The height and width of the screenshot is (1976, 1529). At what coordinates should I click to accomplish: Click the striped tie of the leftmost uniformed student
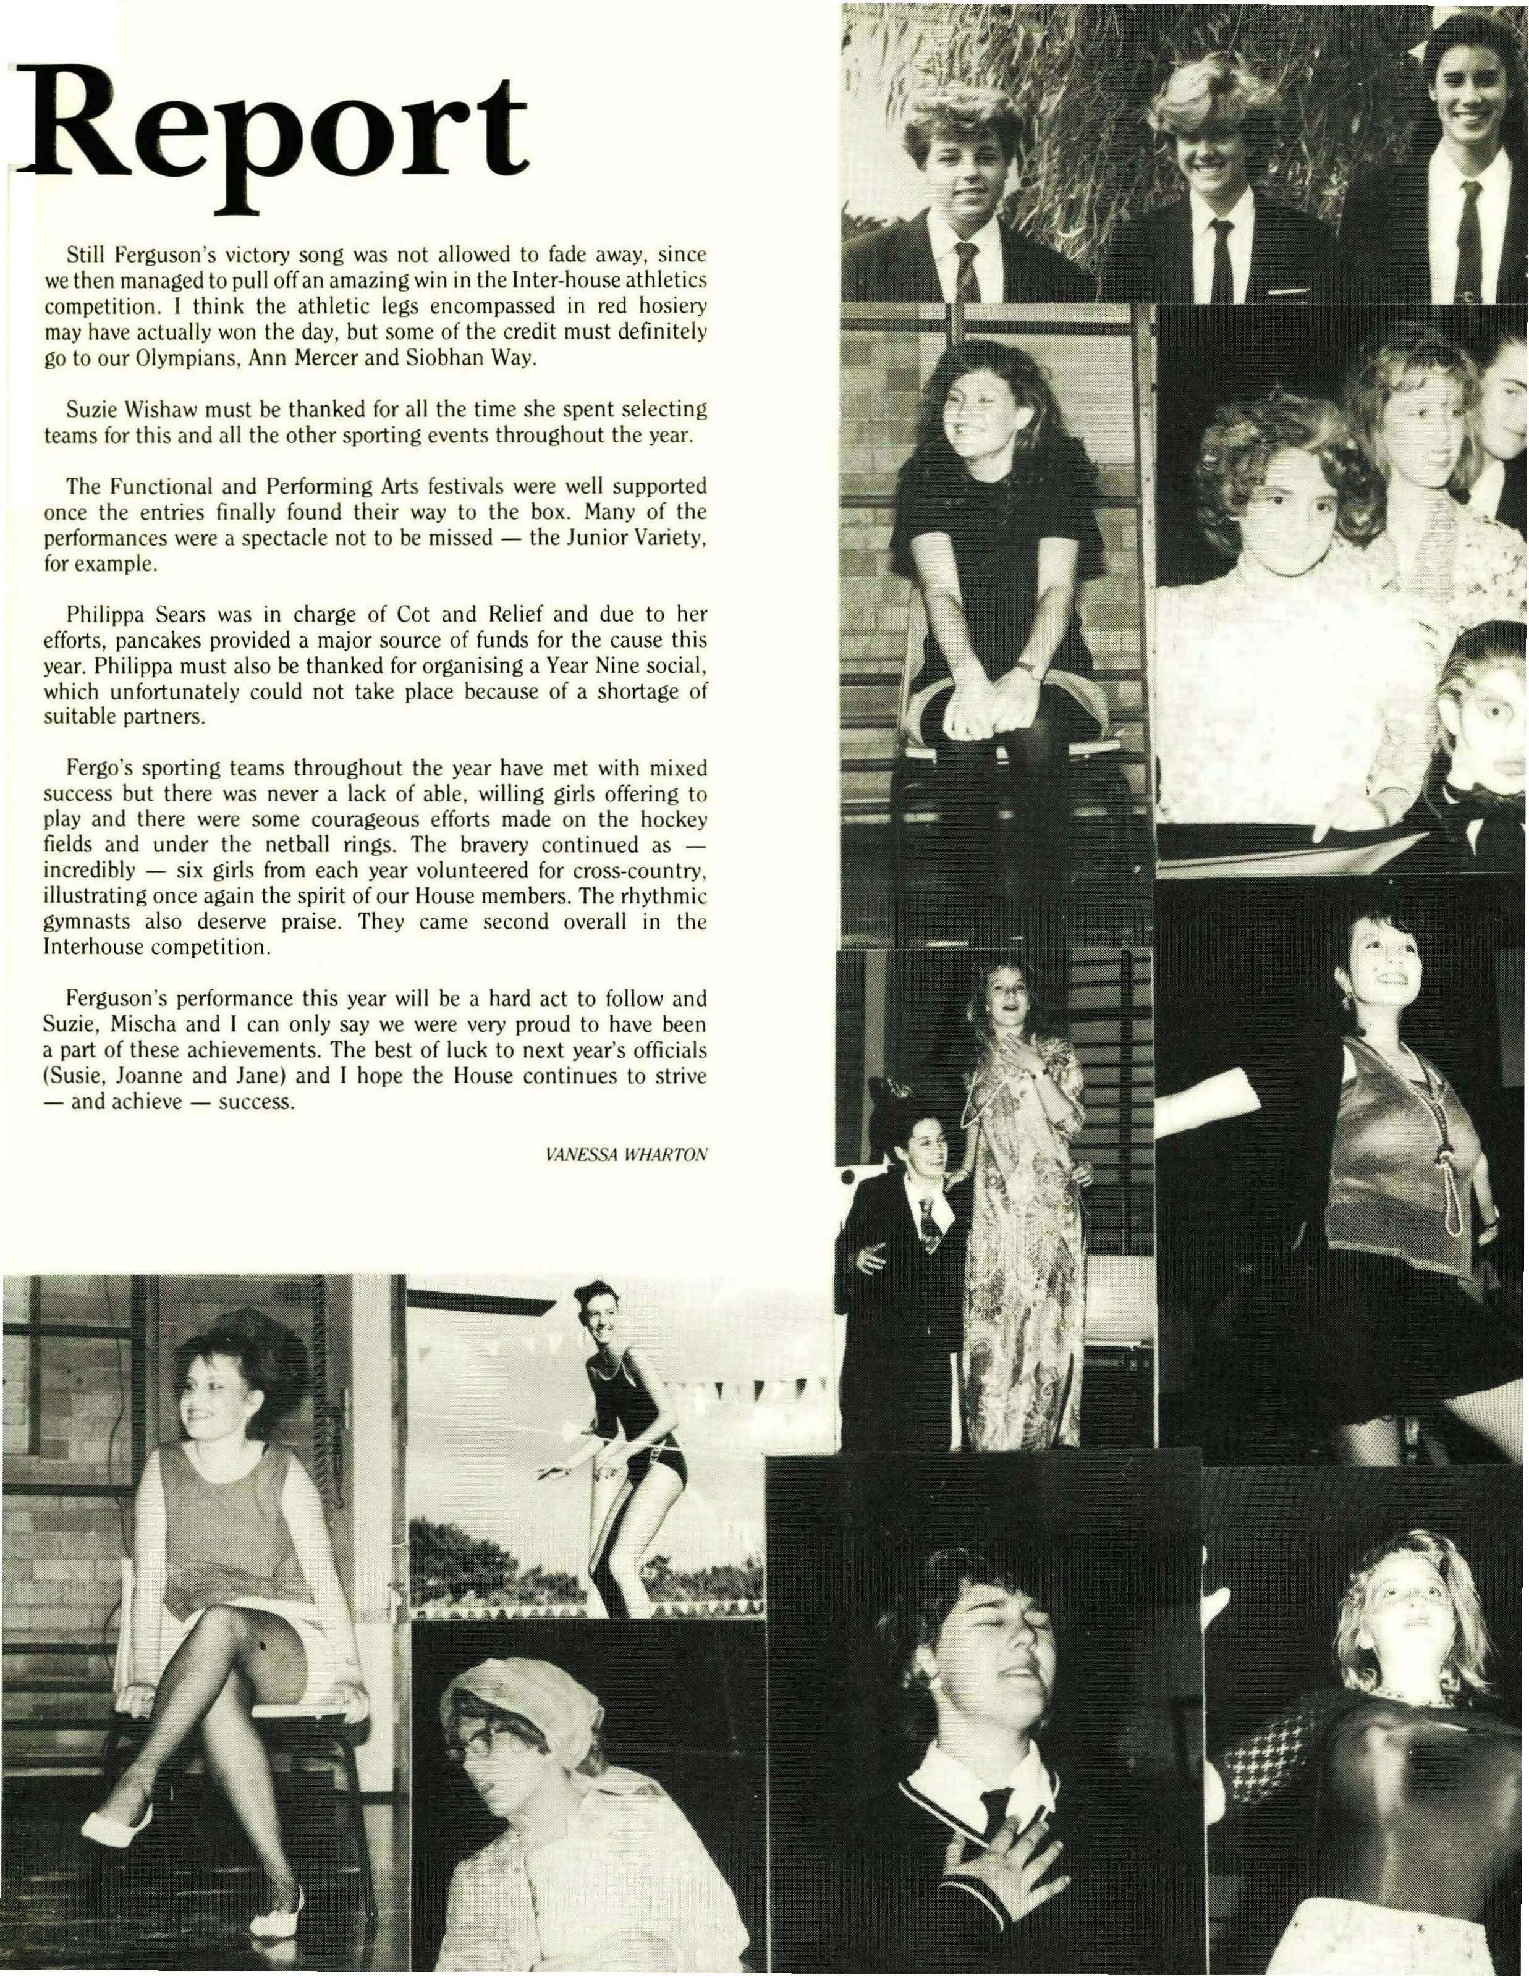(x=967, y=271)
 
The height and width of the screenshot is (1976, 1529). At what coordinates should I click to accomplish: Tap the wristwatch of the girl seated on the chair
(x=1025, y=670)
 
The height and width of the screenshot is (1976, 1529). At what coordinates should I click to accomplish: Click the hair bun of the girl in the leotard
(x=589, y=1292)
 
